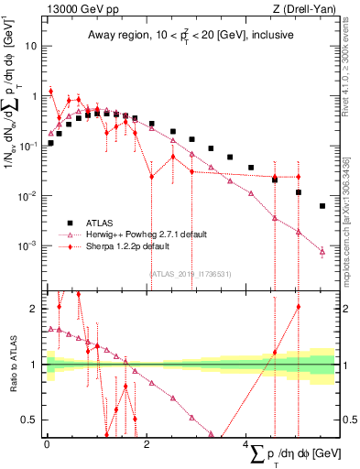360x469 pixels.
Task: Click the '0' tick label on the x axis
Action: pos(47,443)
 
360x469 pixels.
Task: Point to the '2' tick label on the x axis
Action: pos(147,443)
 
